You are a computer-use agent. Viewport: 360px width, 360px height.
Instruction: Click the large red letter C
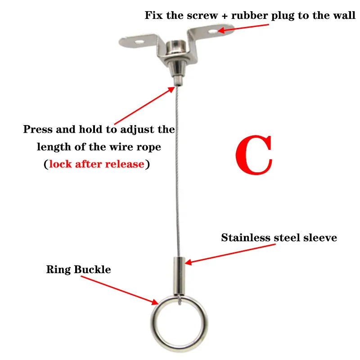[x=253, y=155]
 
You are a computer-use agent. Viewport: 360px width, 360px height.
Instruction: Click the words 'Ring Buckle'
[x=78, y=270]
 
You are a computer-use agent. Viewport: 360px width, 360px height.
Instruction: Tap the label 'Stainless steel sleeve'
[x=279, y=238]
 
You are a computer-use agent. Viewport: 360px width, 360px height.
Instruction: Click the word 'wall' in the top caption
[x=346, y=16]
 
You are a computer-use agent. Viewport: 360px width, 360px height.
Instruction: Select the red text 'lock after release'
[x=97, y=164]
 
